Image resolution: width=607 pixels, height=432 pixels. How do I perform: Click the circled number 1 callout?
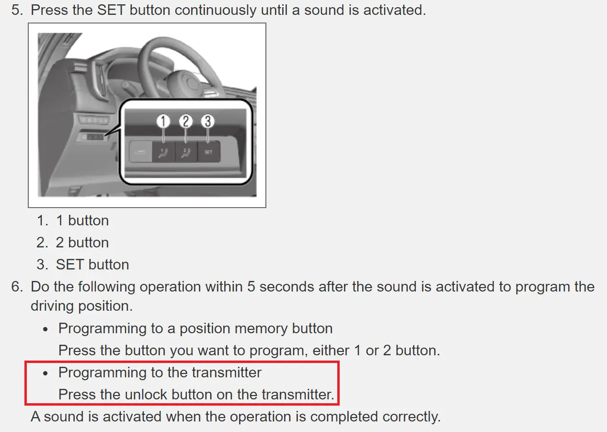pos(163,121)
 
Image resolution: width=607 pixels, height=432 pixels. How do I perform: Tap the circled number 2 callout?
pos(185,121)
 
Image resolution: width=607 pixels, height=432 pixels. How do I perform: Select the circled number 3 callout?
pos(208,121)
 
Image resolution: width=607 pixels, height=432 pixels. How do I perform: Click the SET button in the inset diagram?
pos(208,152)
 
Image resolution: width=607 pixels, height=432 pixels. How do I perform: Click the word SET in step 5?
pos(111,10)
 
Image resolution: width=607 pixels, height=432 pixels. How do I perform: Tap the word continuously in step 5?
pos(216,10)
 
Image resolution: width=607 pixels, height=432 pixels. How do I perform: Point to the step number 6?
pos(17,287)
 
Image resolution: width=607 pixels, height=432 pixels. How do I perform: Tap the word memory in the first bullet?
pos(261,329)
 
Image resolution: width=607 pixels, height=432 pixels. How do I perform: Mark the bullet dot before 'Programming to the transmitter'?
pos(45,374)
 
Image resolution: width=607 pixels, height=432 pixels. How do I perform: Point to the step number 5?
pos(17,10)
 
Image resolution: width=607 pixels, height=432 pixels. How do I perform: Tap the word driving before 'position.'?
pos(52,306)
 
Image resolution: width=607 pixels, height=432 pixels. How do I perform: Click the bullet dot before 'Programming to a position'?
pos(45,329)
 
